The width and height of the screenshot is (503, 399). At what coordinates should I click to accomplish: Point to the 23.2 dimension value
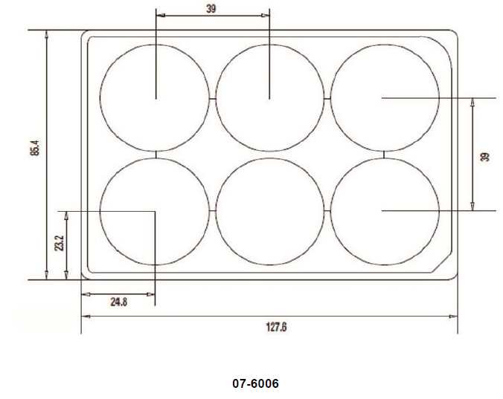pos(59,243)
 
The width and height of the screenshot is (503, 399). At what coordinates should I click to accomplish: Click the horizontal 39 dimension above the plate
pos(211,8)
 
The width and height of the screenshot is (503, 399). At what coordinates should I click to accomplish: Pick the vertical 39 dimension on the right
pos(485,156)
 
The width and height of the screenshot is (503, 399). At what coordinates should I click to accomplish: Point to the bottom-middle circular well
pos(269,211)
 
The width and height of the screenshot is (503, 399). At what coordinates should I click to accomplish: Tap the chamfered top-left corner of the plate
pos(84,34)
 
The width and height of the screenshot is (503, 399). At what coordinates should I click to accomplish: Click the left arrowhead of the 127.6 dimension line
pos(83,316)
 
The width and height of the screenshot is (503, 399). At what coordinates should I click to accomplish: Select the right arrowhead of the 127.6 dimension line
pos(455,316)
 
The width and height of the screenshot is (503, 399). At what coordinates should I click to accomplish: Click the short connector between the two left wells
pos(155,155)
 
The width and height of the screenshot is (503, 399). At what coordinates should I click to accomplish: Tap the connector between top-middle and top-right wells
pos(327,97)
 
